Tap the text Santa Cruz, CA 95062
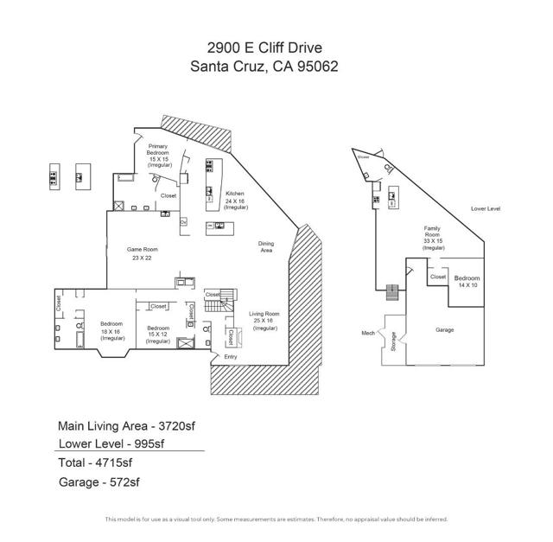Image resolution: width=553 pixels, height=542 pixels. tap(276, 66)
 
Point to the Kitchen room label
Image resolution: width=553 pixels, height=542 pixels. tap(235, 194)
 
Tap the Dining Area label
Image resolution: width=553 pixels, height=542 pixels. tap(266, 246)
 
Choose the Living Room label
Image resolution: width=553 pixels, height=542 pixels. tap(264, 314)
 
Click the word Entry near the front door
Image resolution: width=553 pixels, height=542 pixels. tap(230, 357)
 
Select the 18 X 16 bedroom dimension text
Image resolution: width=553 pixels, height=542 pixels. tap(111, 331)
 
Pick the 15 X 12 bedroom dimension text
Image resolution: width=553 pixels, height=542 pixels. tap(158, 335)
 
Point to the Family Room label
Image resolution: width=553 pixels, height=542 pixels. tap(432, 231)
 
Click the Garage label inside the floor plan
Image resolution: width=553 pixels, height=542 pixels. tap(444, 329)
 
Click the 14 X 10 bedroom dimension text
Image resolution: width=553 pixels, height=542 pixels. tap(467, 284)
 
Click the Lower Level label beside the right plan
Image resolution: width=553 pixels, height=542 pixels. tap(486, 209)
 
